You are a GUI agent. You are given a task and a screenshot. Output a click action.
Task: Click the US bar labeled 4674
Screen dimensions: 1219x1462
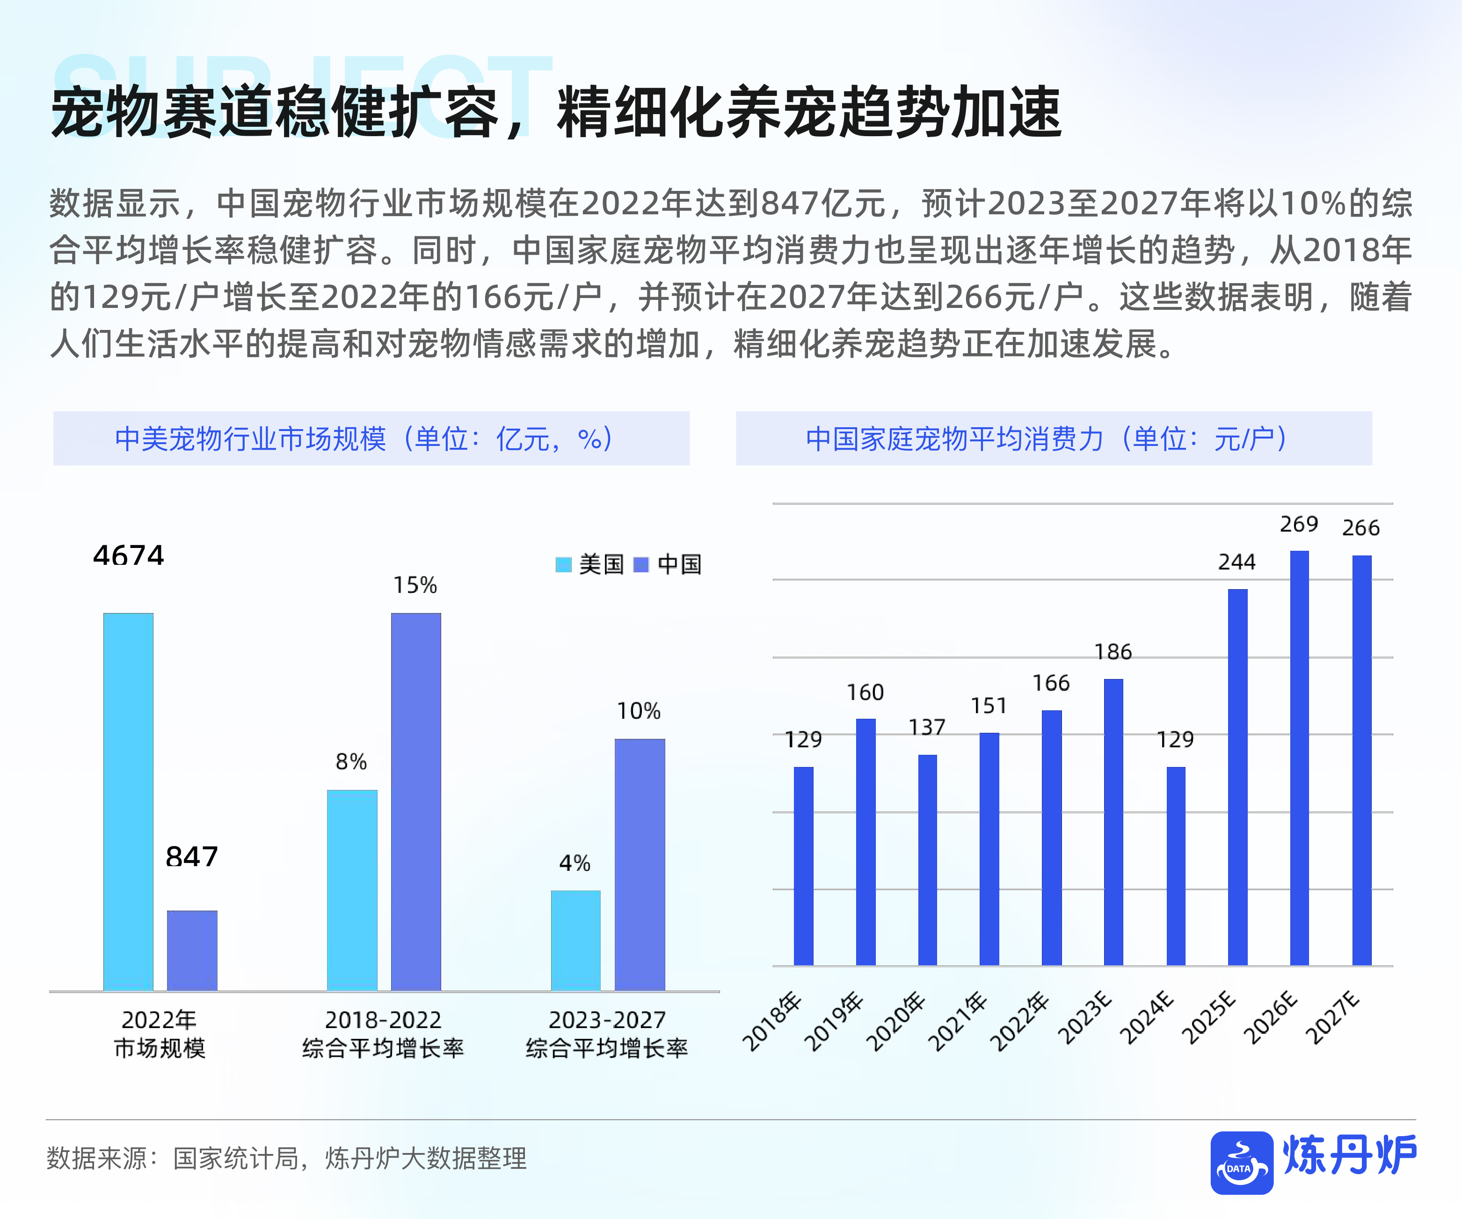[x=128, y=801]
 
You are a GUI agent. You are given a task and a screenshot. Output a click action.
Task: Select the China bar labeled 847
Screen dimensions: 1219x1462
[x=192, y=950]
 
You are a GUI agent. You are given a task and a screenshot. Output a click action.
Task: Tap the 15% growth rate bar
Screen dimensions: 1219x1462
[x=415, y=801]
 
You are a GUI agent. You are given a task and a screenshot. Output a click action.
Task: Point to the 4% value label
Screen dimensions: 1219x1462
[x=575, y=863]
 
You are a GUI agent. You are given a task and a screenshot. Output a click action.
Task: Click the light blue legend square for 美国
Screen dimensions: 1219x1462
[x=563, y=565]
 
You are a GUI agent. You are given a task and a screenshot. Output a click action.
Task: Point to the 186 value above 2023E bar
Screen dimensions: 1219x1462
[x=1113, y=652]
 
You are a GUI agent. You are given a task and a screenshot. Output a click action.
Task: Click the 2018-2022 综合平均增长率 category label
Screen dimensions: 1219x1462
[x=383, y=1034]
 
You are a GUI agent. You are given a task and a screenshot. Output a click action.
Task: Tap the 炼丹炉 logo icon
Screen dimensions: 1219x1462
[x=1241, y=1162]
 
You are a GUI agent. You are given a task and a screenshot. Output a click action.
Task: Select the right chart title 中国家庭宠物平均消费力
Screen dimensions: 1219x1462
[x=954, y=438]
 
